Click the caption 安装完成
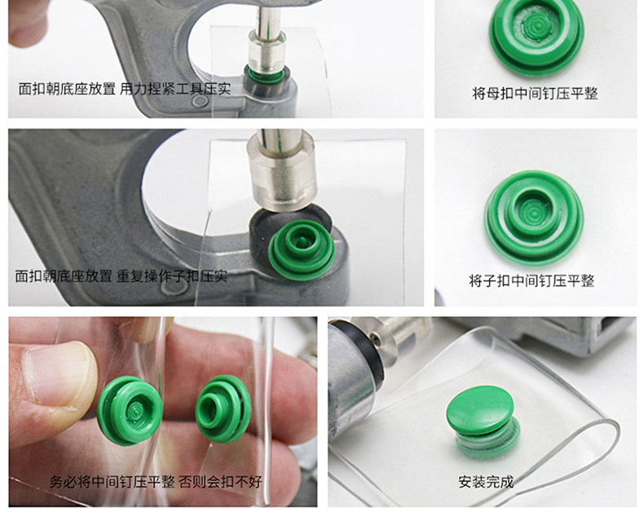coord(486,482)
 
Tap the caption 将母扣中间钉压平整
coord(535,93)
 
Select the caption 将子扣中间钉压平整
coord(532,280)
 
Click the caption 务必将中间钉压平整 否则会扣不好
coord(156,482)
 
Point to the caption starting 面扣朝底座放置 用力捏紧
coord(125,89)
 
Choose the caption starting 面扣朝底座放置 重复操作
coord(121,276)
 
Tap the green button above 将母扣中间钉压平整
coord(536,37)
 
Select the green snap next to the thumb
coord(130,411)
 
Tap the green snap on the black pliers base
coord(301,249)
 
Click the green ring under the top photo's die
coord(266,75)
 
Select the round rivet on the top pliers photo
coord(200,101)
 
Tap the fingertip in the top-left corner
coord(24,25)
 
